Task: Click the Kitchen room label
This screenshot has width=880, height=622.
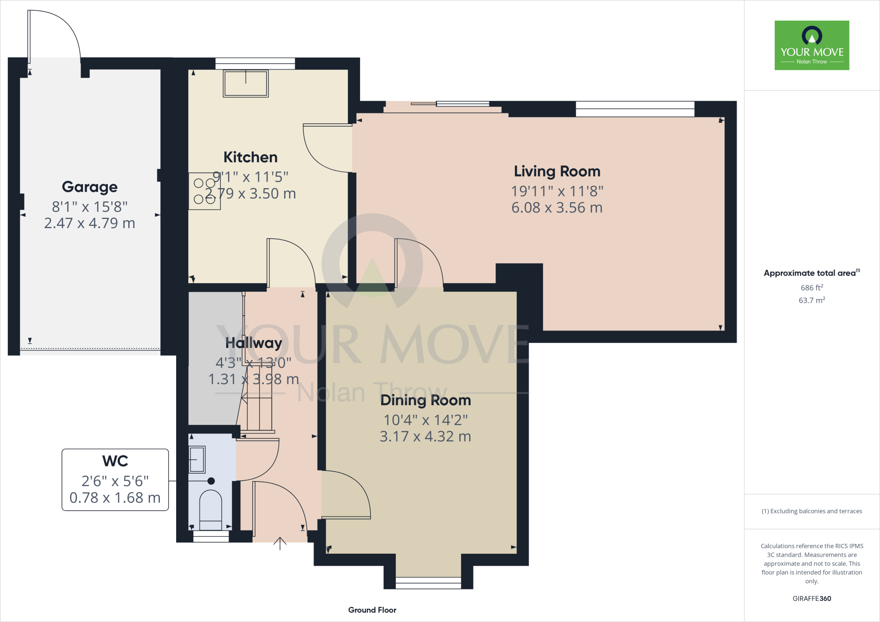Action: [x=251, y=157]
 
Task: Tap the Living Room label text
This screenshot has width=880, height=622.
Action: [x=557, y=171]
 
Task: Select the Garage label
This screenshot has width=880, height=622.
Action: [x=89, y=187]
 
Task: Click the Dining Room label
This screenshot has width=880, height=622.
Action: [x=425, y=400]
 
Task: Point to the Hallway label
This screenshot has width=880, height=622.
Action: [x=254, y=343]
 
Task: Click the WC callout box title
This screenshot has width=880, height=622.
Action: [x=115, y=461]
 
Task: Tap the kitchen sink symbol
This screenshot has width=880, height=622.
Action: [x=246, y=83]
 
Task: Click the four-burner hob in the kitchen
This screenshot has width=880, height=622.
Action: [x=205, y=191]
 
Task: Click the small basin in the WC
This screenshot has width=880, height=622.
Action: [x=197, y=459]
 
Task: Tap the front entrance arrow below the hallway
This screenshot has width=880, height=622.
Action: [x=280, y=543]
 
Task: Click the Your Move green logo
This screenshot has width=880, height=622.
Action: [x=812, y=45]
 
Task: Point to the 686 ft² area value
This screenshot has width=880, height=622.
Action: [x=812, y=288]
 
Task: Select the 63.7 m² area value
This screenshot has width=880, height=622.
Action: [x=812, y=300]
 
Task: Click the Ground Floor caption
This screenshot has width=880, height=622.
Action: [x=372, y=610]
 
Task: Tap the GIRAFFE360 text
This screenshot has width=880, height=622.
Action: [x=812, y=598]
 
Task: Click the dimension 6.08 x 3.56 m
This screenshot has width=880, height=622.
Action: [x=557, y=208]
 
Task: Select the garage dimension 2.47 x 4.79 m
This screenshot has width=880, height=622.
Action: [x=89, y=223]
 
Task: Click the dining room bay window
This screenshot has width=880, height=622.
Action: [x=428, y=582]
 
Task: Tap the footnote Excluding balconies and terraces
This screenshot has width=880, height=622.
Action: [x=812, y=511]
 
